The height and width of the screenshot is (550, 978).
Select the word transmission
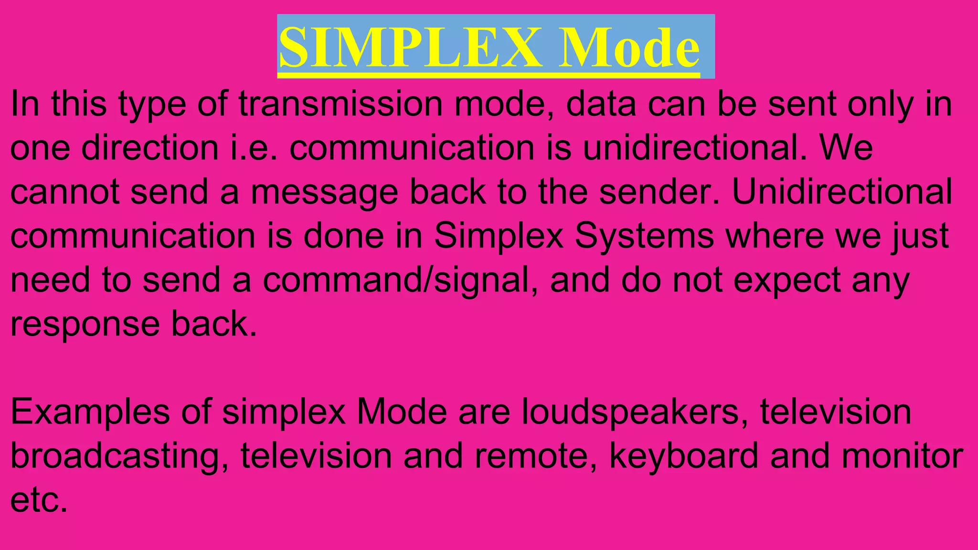tap(341, 104)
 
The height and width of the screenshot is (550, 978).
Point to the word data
tap(601, 104)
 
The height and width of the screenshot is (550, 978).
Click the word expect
tap(787, 281)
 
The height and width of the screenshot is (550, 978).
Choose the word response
tap(85, 325)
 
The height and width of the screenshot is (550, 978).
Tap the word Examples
tap(90, 412)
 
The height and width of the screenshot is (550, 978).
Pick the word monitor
tap(902, 456)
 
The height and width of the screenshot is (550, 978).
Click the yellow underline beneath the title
tap(489, 75)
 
